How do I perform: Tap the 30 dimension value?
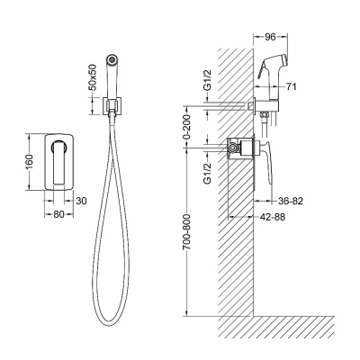[x=81, y=201]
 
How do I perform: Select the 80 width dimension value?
[x=58, y=214]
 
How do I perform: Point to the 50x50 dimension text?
[x=93, y=77]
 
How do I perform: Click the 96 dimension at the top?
[x=270, y=37]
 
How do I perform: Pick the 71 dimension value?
[x=291, y=86]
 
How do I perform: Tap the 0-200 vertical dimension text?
[x=187, y=127]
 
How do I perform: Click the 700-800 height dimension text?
[x=187, y=232]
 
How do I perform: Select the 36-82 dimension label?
[x=290, y=201]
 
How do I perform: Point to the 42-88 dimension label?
[x=272, y=217]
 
